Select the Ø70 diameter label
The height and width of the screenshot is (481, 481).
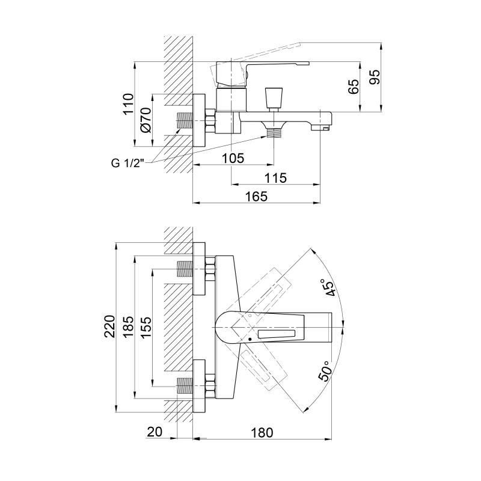point(146,120)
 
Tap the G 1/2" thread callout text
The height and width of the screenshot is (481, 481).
point(127,163)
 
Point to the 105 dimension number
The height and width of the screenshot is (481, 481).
point(233,158)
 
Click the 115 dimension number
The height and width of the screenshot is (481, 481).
point(275,177)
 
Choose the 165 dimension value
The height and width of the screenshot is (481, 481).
point(257,197)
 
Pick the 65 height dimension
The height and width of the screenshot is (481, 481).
point(354,86)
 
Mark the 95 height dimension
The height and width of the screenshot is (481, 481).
point(374,77)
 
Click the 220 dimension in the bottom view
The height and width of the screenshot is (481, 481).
point(110,326)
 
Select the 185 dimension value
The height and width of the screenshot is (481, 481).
point(128,326)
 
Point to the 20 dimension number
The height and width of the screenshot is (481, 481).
point(155,432)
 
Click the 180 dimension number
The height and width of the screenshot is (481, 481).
point(262,432)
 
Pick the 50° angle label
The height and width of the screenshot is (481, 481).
point(326,370)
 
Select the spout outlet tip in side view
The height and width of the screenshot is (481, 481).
point(321,127)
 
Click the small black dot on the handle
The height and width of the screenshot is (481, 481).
point(250,339)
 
